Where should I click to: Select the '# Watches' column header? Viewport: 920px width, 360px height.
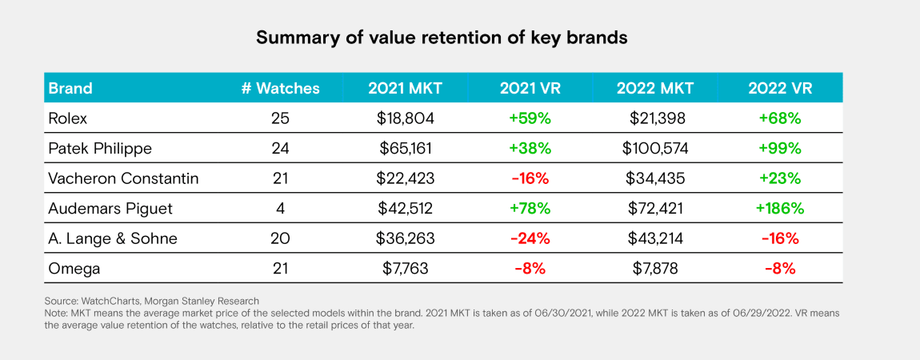280,88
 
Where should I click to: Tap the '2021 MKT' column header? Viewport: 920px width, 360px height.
405,88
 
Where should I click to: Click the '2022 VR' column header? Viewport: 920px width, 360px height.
779,88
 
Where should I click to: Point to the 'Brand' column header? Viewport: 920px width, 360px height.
70,88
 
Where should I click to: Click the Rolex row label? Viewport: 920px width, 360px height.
67,118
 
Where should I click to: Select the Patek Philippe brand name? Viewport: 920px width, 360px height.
99,149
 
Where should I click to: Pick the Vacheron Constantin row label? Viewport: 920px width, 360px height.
123,179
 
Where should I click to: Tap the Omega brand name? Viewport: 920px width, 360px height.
74,269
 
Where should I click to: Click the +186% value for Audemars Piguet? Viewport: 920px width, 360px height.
779,209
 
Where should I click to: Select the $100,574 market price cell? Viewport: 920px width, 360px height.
654,149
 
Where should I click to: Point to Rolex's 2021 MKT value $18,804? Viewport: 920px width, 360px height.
405,118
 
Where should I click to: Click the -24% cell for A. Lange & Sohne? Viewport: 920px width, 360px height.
530,239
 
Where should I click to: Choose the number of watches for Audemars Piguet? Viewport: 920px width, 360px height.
280,209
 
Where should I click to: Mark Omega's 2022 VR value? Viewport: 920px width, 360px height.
779,269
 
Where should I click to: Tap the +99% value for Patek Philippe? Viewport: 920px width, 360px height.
779,149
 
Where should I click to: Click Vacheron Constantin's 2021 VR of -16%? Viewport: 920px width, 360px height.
530,179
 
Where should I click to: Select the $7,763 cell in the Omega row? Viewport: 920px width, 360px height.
405,269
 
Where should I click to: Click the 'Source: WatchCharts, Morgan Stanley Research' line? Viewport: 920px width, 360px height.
152,301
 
